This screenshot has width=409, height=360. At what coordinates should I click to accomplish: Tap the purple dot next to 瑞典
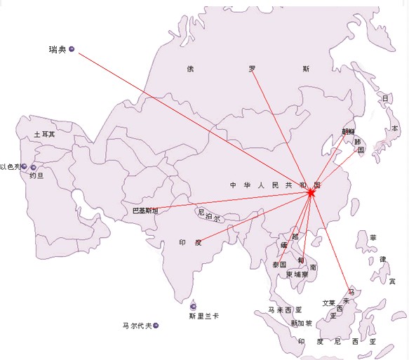coord(72,49)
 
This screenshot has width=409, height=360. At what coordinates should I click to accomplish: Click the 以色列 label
coord(10,167)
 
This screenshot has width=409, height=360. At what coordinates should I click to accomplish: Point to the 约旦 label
coord(36,177)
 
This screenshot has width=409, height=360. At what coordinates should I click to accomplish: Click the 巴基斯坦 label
coord(145,211)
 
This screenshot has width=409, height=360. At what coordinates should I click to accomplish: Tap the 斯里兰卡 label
coord(203,316)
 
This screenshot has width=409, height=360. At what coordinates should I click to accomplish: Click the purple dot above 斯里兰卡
coord(194,305)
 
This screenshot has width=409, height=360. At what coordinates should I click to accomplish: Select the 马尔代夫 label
coord(136,326)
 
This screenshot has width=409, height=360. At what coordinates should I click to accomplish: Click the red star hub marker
coord(311,192)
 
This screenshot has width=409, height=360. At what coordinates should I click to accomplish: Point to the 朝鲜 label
coord(349,131)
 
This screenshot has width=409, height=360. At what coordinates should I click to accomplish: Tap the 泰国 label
coord(279,265)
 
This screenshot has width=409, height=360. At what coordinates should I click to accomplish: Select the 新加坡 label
coord(301,324)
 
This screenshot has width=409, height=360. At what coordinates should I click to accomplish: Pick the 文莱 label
coord(328,303)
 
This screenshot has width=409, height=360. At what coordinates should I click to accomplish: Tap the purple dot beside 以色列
coord(24,167)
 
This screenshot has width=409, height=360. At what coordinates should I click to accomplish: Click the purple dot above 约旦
coord(33,167)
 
